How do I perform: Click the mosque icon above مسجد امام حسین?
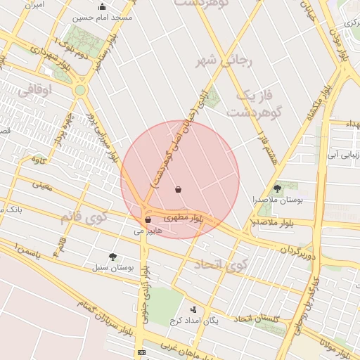pyautogui.click(x=103, y=7)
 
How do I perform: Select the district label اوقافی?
pyautogui.click(x=34, y=91)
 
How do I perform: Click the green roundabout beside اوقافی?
pyautogui.click(x=80, y=90)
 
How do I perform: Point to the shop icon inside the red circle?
pyautogui.click(x=179, y=188)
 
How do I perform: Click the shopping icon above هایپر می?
pyautogui.click(x=147, y=219)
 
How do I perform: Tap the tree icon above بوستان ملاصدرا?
pyautogui.click(x=277, y=188)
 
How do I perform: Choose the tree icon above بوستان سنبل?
pyautogui.click(x=112, y=257)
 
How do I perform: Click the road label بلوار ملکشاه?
pyautogui.click(x=318, y=105)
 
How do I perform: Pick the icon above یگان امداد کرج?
pyautogui.click(x=193, y=309)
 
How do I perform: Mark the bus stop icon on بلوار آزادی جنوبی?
pyautogui.click(x=141, y=352)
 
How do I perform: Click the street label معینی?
pyautogui.click(x=41, y=186)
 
